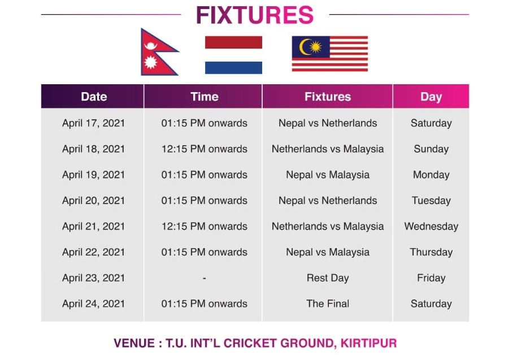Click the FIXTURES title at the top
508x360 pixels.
click(255, 15)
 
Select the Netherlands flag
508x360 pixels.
click(233, 55)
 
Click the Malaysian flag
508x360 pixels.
click(330, 54)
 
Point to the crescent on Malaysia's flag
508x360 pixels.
click(303, 47)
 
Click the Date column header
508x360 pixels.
click(94, 97)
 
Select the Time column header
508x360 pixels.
click(205, 97)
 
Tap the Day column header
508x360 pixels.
click(431, 97)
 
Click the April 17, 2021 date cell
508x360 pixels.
click(93, 123)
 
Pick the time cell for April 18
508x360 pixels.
click(205, 149)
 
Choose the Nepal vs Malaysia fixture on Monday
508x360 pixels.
click(328, 175)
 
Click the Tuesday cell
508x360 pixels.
click(431, 201)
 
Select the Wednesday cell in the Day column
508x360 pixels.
click(431, 226)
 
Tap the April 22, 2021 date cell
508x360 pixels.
click(93, 252)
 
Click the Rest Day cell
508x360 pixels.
click(328, 278)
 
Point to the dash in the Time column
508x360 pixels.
click(204, 279)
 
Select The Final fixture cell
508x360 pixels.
click(328, 303)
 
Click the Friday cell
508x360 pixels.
click(431, 278)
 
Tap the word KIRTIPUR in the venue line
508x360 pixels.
click(368, 343)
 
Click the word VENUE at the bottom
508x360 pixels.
click(134, 343)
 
